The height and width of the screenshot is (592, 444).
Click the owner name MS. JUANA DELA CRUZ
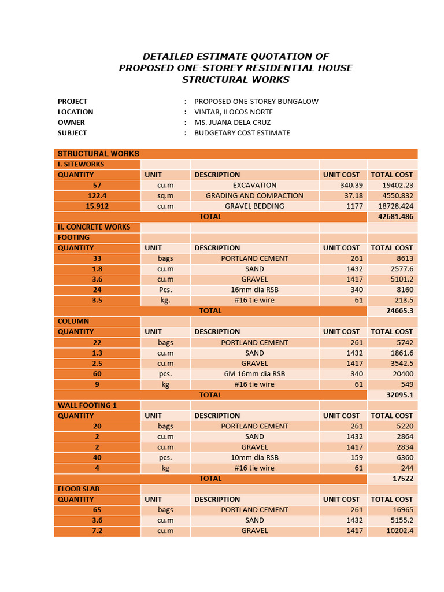232,123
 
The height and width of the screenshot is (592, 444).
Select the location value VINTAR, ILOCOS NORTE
234,112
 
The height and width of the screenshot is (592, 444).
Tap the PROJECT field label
73,102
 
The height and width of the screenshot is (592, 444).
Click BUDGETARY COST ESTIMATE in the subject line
242,133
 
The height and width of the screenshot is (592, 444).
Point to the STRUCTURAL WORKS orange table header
98,154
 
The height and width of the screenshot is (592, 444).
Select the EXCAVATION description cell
254,185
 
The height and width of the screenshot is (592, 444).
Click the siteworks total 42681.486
391,217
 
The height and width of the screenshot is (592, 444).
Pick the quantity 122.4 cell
97,195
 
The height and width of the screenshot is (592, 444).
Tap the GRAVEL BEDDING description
254,206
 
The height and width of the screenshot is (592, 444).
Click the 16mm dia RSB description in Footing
254,290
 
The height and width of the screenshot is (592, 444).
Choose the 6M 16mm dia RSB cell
254,374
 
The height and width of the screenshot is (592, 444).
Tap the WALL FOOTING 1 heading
87,405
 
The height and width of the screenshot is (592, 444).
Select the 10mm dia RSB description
254,457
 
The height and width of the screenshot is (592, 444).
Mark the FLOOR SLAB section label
79,489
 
